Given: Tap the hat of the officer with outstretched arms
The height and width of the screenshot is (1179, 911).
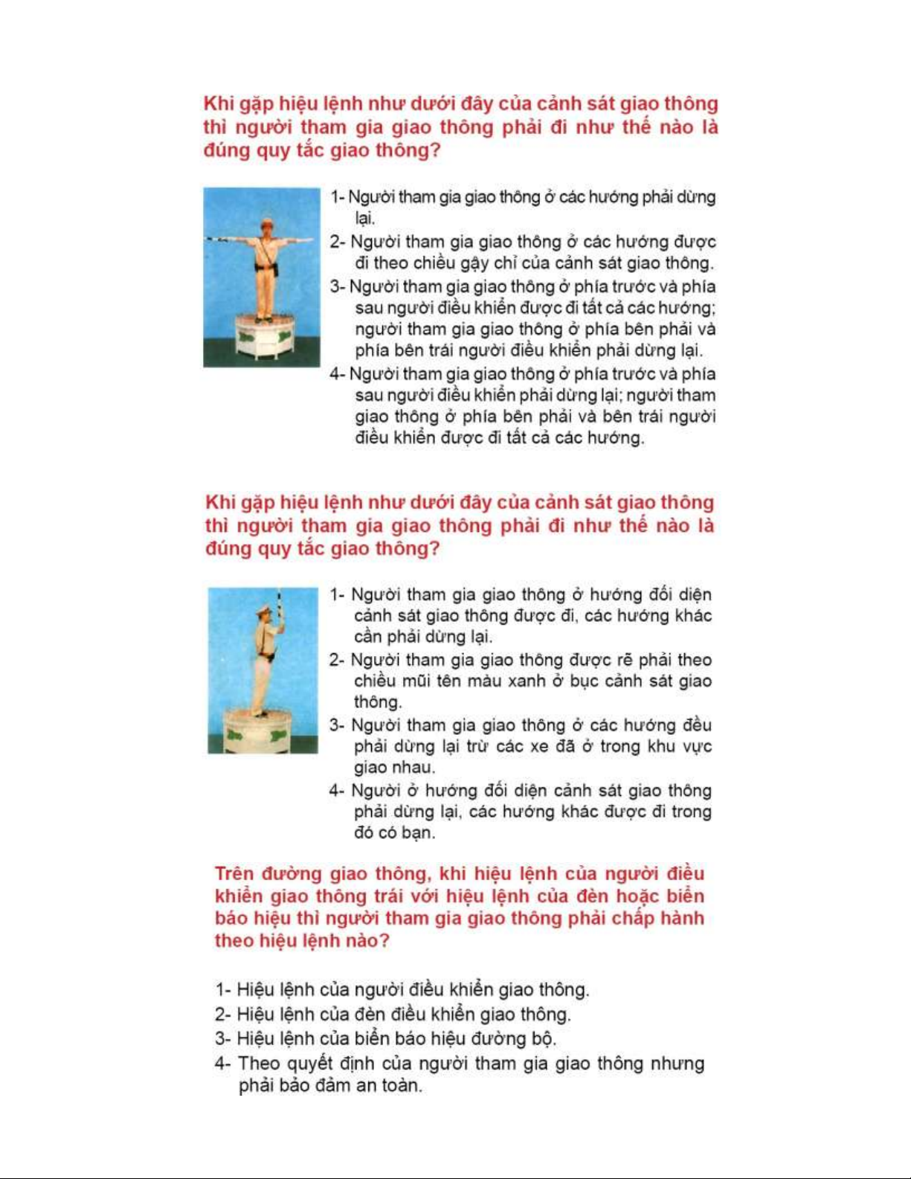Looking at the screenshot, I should coord(265,221).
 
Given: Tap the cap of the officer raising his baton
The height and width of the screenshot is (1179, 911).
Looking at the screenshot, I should coord(263,611).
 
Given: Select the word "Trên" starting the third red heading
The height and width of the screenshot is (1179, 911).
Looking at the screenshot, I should coord(234,874).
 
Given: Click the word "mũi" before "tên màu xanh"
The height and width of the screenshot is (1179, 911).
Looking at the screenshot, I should coord(420,681).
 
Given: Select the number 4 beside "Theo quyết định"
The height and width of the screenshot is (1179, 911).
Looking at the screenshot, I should coord(220,1064).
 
